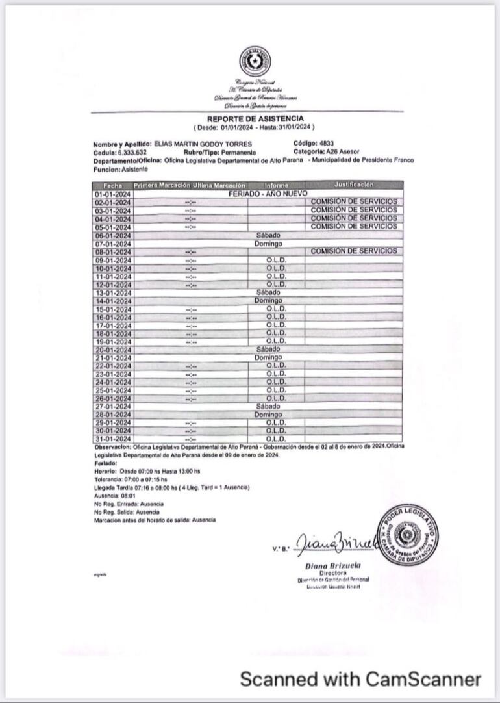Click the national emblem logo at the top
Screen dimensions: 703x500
click(255, 61)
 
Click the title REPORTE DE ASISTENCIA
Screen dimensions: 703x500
click(255, 119)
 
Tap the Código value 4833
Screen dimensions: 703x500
click(327, 143)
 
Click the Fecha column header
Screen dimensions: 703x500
click(113, 186)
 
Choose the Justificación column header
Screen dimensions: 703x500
click(354, 185)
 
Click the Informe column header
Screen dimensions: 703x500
click(276, 186)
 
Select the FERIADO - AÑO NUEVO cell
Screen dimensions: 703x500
click(268, 194)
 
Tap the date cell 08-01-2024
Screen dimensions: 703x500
click(113, 251)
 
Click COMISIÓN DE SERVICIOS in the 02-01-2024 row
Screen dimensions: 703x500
click(354, 202)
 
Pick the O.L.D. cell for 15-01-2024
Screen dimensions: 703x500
click(276, 309)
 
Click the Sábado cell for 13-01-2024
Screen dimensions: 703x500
click(268, 292)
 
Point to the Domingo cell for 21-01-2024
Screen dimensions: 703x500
click(268, 358)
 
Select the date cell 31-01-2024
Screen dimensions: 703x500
click(113, 439)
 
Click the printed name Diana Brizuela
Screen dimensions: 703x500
click(332, 565)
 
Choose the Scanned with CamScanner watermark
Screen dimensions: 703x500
click(360, 680)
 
